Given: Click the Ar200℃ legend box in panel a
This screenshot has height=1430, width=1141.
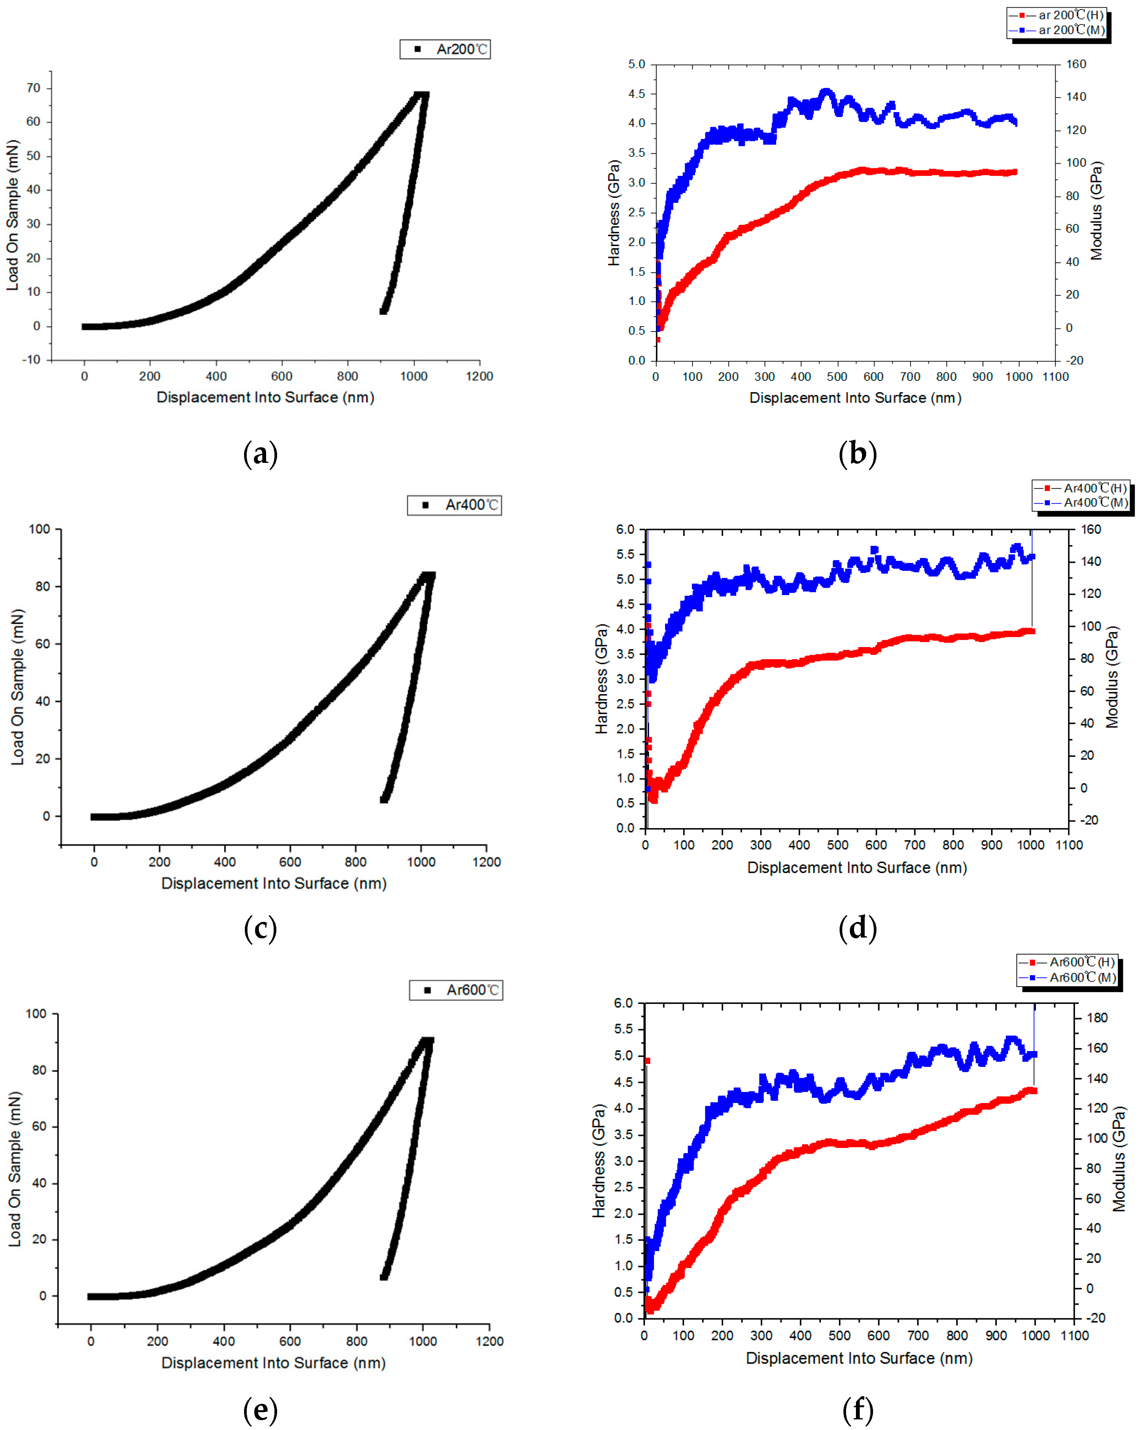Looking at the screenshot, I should (x=445, y=49).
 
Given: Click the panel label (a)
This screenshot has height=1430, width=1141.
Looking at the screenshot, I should (x=260, y=455).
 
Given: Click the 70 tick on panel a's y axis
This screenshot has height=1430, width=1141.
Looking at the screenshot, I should (x=33, y=88).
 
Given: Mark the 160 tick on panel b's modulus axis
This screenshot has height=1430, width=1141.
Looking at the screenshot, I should (x=1076, y=64).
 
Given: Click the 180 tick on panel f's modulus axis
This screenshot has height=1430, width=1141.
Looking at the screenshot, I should (x=1097, y=1018).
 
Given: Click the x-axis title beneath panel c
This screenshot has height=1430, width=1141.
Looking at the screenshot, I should (x=274, y=884).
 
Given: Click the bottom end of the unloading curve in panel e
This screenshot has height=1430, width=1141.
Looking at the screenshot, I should (x=384, y=1276).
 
